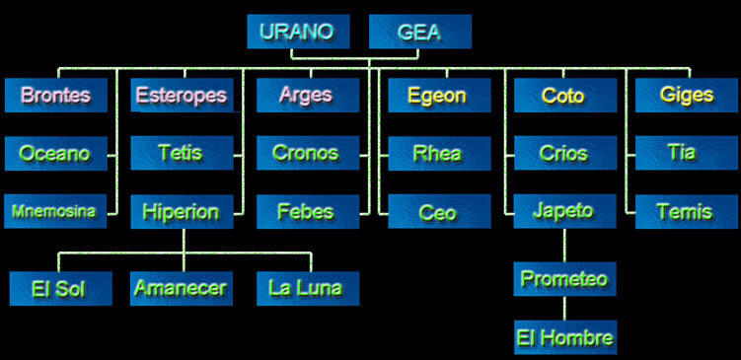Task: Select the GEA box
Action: pos(419,32)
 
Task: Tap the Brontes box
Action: pos(55,96)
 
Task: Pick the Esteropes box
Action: pos(182,96)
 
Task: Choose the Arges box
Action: pos(307,96)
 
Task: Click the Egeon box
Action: pos(439,96)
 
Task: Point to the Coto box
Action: pos(564,96)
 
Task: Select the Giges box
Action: pos(687,96)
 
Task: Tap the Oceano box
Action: pos(55,154)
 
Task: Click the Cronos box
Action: pos(307,154)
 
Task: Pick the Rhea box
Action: pos(439,154)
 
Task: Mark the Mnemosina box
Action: pos(55,211)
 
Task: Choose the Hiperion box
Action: pos(182,211)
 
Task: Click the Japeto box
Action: pos(564,211)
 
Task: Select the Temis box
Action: pos(687,211)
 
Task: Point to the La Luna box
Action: pos(307,289)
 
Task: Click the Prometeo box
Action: pos(564,279)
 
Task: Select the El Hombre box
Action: pos(564,337)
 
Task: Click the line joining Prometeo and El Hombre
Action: pos(564,308)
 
